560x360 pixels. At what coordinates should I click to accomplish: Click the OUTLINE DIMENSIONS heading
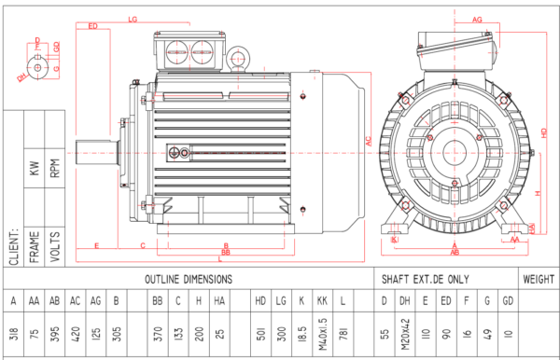[189, 279]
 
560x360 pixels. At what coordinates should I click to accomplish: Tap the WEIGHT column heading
[539, 279]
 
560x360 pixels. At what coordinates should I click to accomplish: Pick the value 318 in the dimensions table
[13, 334]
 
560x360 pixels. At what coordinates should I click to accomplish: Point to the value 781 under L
[344, 334]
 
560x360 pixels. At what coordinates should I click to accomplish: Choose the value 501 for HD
[260, 334]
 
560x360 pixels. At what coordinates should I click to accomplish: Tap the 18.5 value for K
[301, 333]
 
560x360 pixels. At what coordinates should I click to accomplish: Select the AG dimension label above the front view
[477, 19]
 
